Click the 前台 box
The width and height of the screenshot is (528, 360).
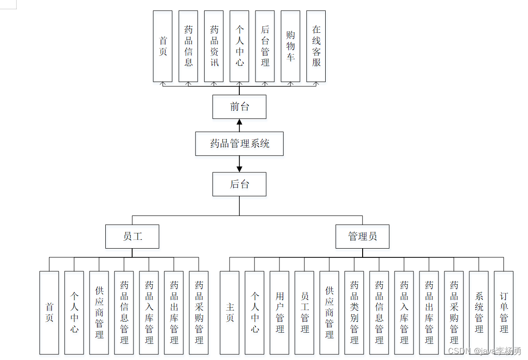(x=239, y=107)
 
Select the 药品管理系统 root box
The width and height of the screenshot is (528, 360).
(x=239, y=144)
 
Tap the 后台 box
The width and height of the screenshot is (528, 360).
(x=239, y=184)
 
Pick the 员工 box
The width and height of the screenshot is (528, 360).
(x=132, y=237)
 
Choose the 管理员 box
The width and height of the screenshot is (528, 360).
(x=362, y=237)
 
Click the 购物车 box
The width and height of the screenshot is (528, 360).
(x=291, y=46)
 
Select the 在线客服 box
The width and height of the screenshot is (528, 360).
(x=316, y=46)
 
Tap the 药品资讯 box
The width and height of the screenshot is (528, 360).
(x=214, y=46)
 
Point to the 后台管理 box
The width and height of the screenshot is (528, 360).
(x=265, y=46)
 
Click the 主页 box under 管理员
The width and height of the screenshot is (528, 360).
(x=230, y=312)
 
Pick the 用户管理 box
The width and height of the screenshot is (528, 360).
(x=279, y=312)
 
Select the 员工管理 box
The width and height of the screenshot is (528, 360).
(x=304, y=312)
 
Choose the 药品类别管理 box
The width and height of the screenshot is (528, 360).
(x=354, y=312)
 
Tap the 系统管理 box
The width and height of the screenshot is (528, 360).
(x=479, y=312)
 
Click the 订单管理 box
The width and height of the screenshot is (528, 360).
(x=504, y=312)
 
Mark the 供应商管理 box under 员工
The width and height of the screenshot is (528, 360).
(x=99, y=312)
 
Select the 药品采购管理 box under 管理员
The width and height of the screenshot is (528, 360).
(x=454, y=312)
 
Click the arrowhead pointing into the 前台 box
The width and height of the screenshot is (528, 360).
(x=239, y=122)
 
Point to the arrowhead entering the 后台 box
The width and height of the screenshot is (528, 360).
(x=239, y=169)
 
